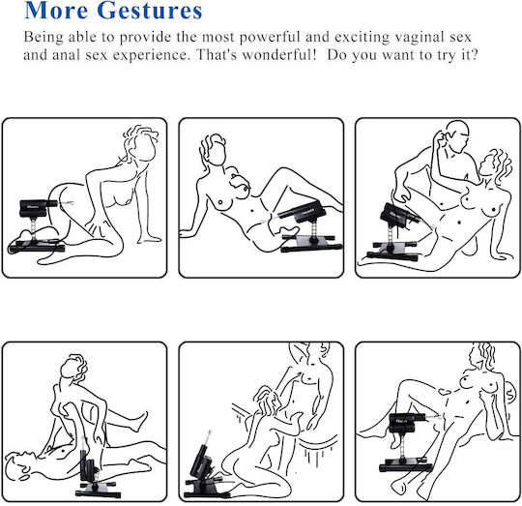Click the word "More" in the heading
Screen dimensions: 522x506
pyautogui.click(x=56, y=10)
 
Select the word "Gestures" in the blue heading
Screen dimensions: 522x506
pyautogui.click(x=150, y=10)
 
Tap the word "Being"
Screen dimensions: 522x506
pyautogui.click(x=43, y=38)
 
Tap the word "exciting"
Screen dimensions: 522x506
pyautogui.click(x=362, y=38)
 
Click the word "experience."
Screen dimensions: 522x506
pyautogui.click(x=152, y=55)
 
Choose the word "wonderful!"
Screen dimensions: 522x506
pyautogui.click(x=279, y=54)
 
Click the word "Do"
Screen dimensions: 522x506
pyautogui.click(x=336, y=55)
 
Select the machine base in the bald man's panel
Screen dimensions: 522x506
pyautogui.click(x=392, y=251)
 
